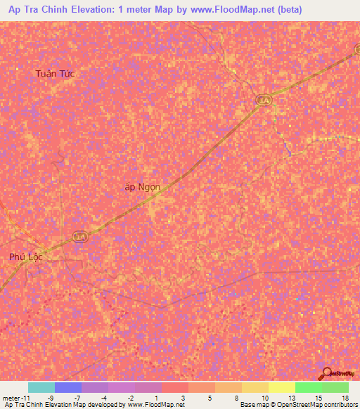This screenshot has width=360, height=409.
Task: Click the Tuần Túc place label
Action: click(56, 74)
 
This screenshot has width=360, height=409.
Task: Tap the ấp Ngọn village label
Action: click(142, 188)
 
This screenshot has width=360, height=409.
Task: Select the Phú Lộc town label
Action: click(26, 257)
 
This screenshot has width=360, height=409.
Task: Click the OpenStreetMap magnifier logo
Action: click(328, 374)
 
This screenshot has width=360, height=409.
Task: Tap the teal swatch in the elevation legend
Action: click(41, 387)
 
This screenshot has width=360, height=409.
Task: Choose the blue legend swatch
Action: click(67, 387)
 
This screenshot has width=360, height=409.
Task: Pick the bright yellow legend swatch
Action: click(281, 387)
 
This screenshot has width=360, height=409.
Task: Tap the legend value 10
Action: click(264, 397)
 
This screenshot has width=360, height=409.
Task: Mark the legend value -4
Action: click(103, 397)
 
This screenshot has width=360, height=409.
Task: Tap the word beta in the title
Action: click(330, 9)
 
